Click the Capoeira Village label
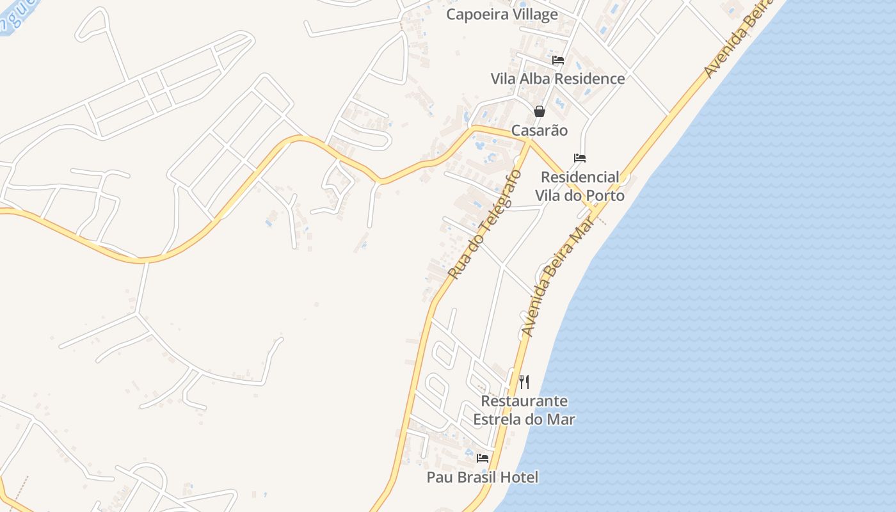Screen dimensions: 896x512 (x=502, y=14)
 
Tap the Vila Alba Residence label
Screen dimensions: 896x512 (x=557, y=79)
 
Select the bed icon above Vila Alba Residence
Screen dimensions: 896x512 (x=558, y=60)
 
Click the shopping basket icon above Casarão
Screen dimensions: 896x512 (x=540, y=111)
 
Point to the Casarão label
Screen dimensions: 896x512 (x=540, y=131)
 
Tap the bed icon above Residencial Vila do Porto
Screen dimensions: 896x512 (x=580, y=157)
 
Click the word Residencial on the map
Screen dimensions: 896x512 (x=580, y=177)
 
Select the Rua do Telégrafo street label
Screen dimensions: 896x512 (x=484, y=224)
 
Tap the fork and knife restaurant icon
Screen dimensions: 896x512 (x=524, y=382)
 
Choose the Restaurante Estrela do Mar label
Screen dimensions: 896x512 (x=524, y=410)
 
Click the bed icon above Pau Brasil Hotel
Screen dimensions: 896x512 (x=483, y=458)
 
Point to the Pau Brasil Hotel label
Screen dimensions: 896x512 (x=483, y=477)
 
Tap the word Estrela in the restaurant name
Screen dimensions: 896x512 (x=499, y=420)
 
